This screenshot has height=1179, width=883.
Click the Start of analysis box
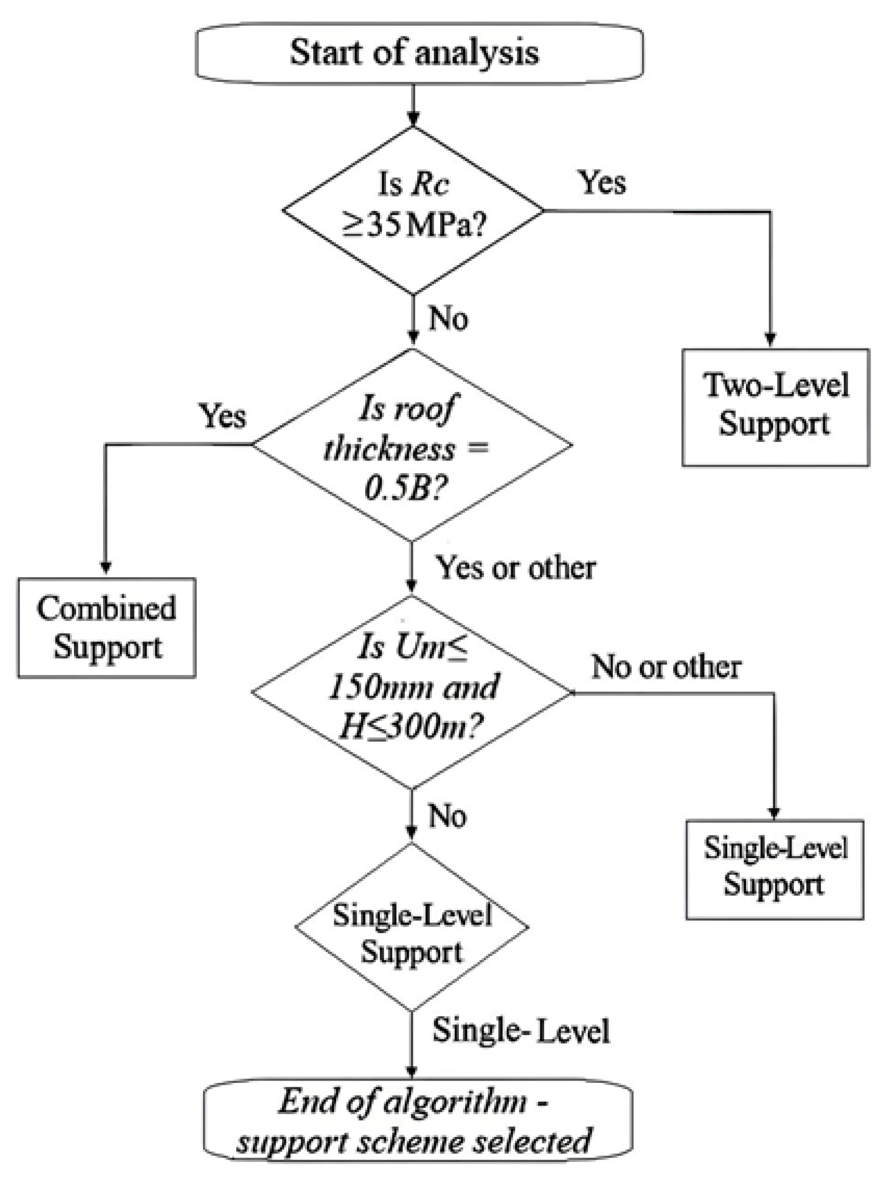pos(419,52)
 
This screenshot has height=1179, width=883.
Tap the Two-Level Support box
pos(776,407)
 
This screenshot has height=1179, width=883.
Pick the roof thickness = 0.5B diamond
pos(412,445)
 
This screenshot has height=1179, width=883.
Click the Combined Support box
pos(107,627)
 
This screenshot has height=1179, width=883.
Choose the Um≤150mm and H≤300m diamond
pos(412,692)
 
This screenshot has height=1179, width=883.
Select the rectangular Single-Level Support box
pos(774,869)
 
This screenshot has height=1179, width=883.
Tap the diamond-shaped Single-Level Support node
pos(412,926)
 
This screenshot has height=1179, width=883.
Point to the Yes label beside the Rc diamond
pos(602,183)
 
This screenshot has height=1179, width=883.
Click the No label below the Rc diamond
pos(448,318)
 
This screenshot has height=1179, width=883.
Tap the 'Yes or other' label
pos(515,568)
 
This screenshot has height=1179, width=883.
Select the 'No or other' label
pos(666,667)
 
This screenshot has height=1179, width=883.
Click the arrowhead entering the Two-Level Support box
pos(770,340)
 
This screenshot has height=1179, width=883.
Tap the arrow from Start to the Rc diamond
pos(413,102)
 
